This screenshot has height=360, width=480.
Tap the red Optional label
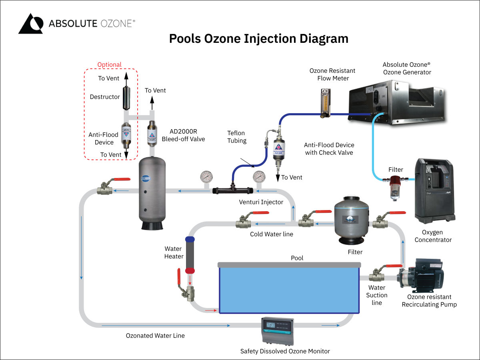110,64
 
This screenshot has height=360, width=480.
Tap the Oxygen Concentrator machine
434,190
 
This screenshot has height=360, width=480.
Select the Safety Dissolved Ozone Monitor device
277,330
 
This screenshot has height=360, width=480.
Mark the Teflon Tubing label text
236,137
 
